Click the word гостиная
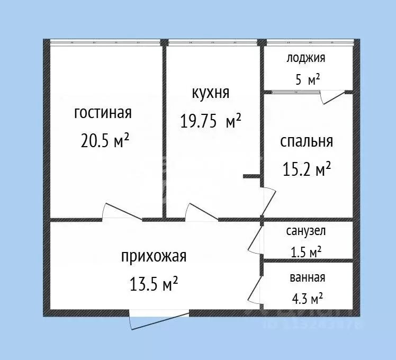coord(103,113)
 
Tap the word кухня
coord(210,93)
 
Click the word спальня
coord(307,141)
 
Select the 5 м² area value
coord(307,80)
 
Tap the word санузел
coord(306,231)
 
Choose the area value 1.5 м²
coord(307,253)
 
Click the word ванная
coord(307,277)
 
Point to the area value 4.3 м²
coord(307,299)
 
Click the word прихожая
coord(154,257)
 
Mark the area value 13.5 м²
coord(154,285)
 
